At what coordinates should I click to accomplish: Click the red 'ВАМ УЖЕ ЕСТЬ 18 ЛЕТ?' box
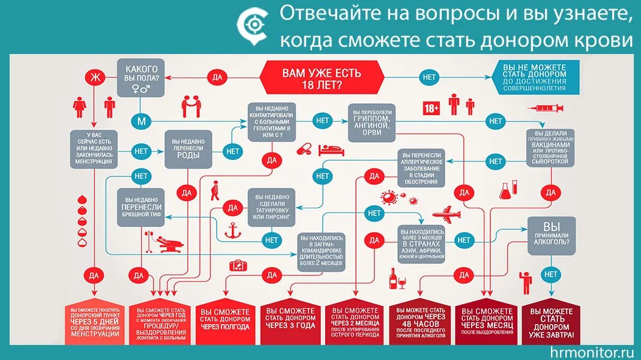point(322,77)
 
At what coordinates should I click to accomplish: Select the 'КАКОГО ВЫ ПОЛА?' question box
point(141,77)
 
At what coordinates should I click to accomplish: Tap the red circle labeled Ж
point(93,77)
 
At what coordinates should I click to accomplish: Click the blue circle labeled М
point(142,121)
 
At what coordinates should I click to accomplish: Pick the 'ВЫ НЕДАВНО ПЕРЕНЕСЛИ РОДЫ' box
point(188,150)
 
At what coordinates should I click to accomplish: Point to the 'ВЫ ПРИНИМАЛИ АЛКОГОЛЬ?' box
point(551,233)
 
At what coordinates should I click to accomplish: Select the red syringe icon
point(546,108)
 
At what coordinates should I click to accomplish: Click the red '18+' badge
point(432,108)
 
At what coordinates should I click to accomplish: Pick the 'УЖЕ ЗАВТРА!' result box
point(551,323)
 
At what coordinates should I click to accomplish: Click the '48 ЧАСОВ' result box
point(420,323)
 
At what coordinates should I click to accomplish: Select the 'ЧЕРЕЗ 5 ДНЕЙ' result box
point(94,323)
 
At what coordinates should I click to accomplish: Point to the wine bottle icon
point(393,278)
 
